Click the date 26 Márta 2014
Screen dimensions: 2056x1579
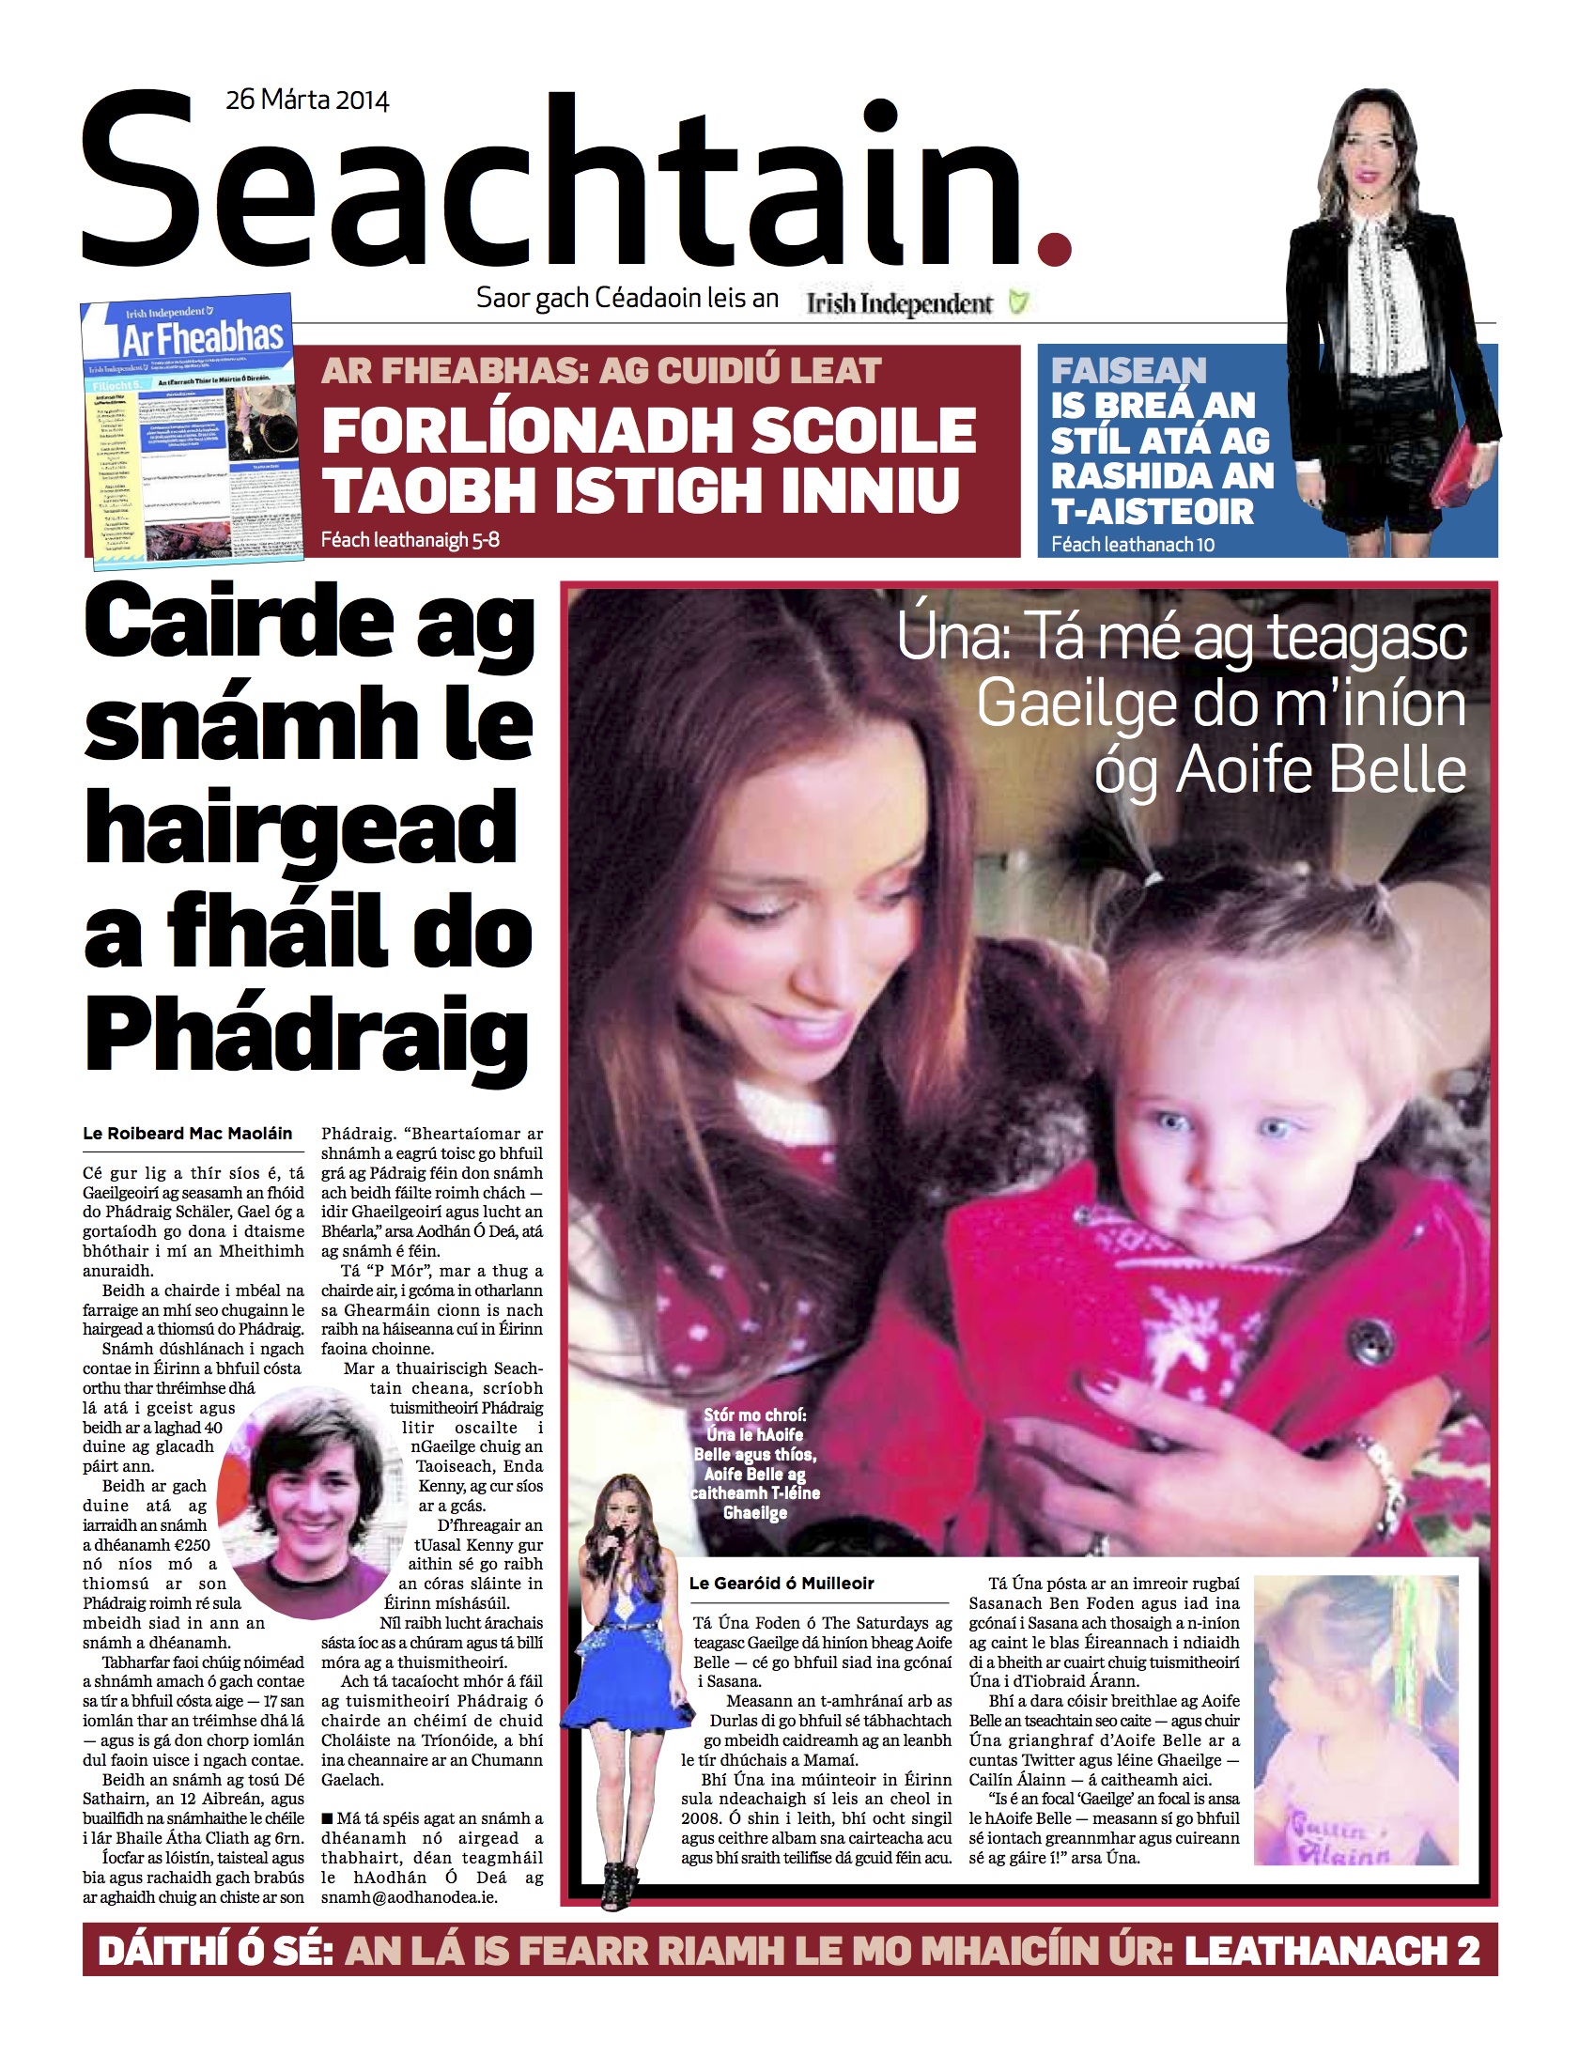307,100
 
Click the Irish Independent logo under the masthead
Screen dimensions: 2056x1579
900,303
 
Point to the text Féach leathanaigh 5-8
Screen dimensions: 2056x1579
410,540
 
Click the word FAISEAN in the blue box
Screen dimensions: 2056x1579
1128,371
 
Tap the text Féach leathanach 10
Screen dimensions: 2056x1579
1133,544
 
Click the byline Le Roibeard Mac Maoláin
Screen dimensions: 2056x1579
188,1134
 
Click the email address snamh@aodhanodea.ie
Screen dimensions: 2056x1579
409,1897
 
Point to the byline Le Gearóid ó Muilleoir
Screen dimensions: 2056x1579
781,1584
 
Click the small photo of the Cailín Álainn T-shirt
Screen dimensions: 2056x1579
1355,1720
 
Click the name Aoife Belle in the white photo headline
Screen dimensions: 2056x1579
1321,771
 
